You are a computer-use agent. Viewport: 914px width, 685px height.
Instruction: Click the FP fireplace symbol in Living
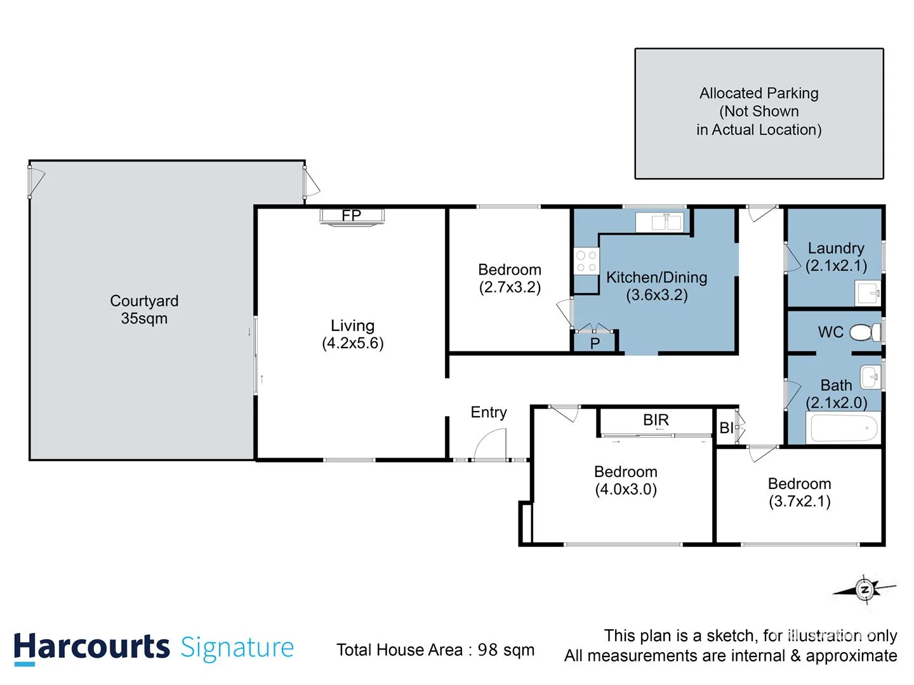(352, 216)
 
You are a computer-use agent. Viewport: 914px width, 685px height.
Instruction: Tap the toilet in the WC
(864, 332)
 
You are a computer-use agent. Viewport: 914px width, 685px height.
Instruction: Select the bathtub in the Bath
(844, 428)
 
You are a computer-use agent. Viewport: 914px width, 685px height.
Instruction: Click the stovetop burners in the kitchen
(586, 261)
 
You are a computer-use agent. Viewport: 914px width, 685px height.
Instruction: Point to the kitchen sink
(666, 222)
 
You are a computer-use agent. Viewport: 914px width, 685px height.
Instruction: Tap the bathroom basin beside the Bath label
(871, 377)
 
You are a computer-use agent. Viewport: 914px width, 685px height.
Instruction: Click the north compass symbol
(864, 590)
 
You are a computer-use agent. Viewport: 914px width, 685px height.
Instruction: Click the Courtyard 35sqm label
(144, 310)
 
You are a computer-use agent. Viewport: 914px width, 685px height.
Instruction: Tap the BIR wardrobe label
(656, 420)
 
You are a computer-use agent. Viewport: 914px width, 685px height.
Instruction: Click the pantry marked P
(595, 343)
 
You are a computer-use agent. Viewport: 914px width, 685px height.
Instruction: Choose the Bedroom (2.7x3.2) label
(510, 278)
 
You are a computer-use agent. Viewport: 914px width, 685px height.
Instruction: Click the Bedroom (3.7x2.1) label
(799, 492)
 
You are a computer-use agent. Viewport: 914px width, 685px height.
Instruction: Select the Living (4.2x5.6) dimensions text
(353, 343)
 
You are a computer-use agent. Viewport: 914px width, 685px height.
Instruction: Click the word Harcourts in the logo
(92, 648)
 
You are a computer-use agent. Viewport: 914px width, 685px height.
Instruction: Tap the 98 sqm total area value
(506, 649)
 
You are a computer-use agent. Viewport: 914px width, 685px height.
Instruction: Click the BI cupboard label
(727, 428)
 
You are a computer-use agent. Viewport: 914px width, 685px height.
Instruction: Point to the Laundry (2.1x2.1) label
(836, 257)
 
